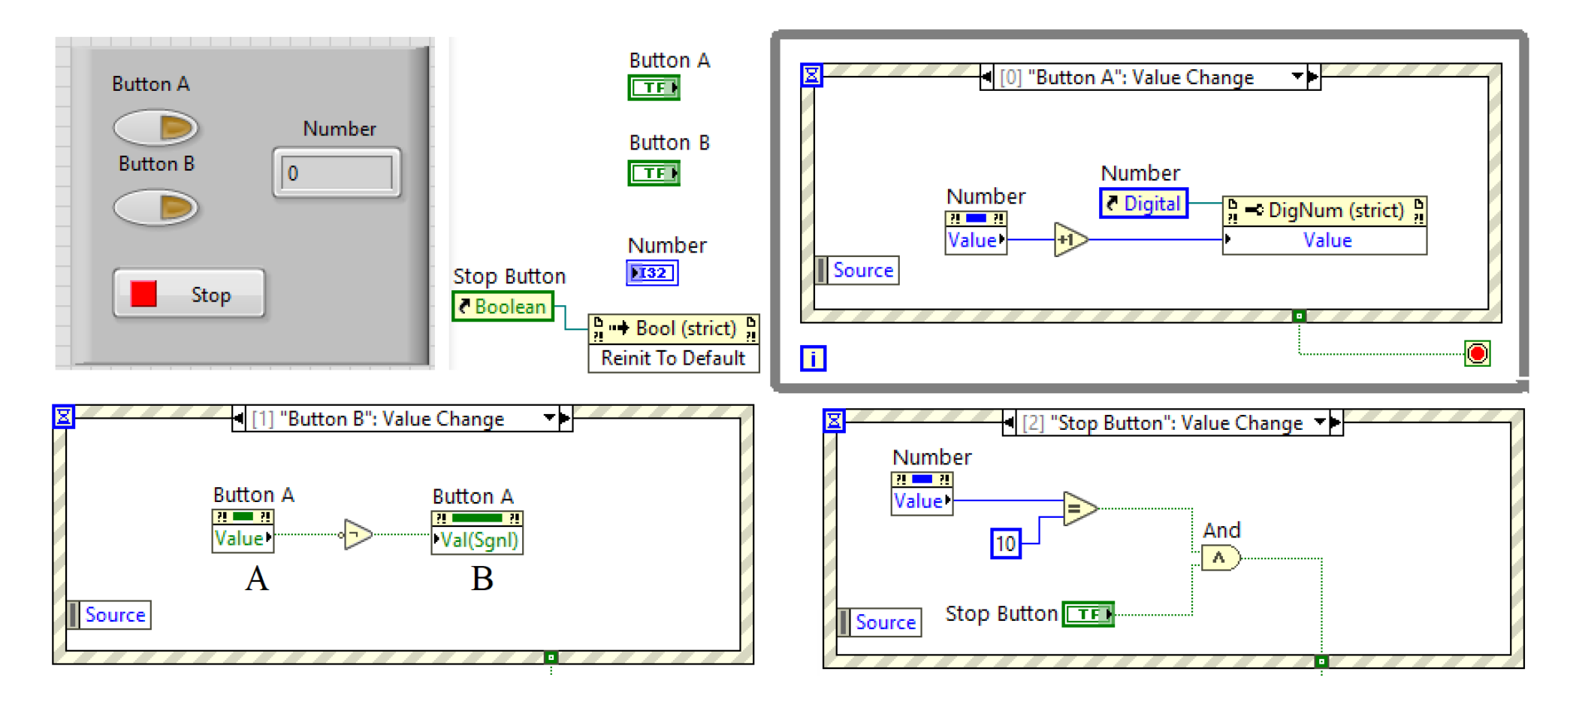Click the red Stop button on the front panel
189,294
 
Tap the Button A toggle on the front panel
155,127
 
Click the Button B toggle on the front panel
155,207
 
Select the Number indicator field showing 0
337,174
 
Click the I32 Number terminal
651,273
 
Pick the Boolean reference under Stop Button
503,307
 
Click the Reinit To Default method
673,359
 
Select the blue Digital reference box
1143,204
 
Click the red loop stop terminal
1477,353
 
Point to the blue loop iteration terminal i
813,359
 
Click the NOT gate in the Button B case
358,534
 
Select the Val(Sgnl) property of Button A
478,540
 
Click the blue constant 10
1005,543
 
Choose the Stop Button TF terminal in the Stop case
1088,614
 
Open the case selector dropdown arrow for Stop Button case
1320,423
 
